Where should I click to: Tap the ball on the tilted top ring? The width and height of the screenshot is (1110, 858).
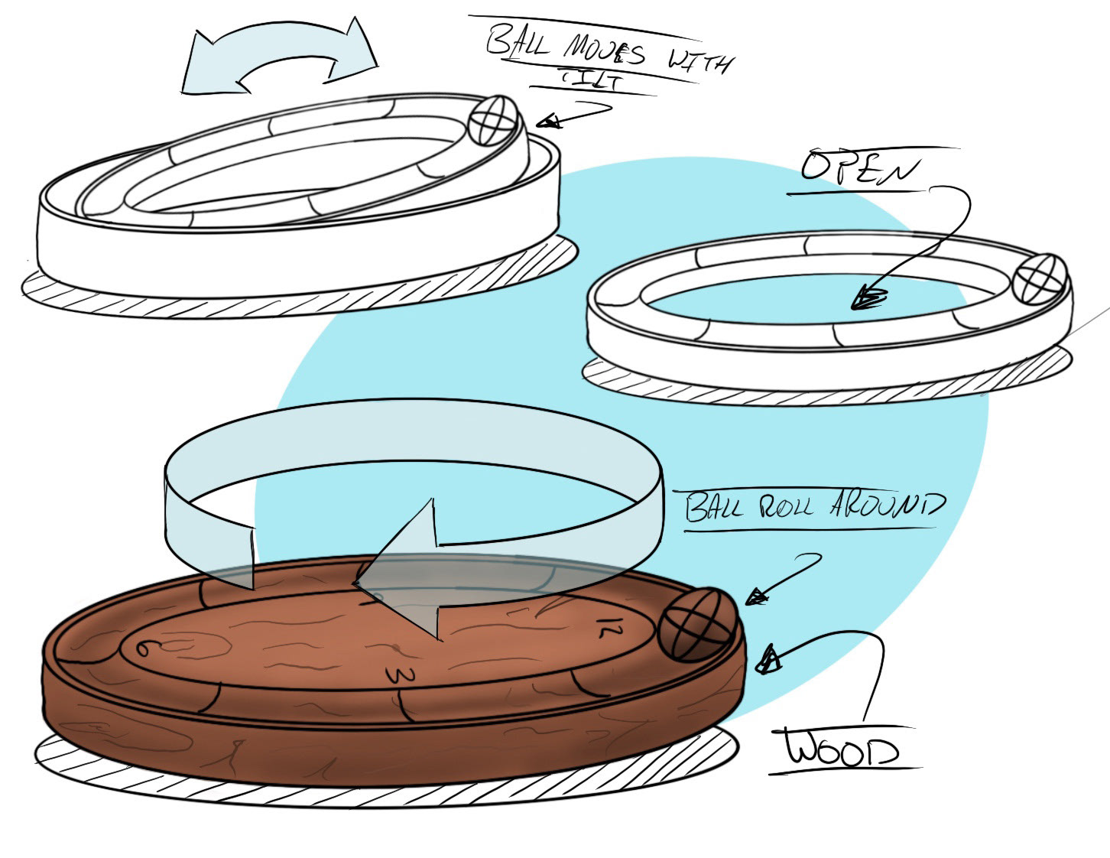(x=493, y=120)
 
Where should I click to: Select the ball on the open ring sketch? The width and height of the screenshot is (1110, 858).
(x=1040, y=280)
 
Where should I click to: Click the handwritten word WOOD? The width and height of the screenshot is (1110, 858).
(x=842, y=749)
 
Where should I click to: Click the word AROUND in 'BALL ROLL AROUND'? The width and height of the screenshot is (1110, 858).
(x=887, y=506)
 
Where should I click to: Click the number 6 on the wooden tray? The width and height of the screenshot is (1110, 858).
(x=141, y=648)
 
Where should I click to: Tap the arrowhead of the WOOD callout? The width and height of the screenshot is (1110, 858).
(x=768, y=658)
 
